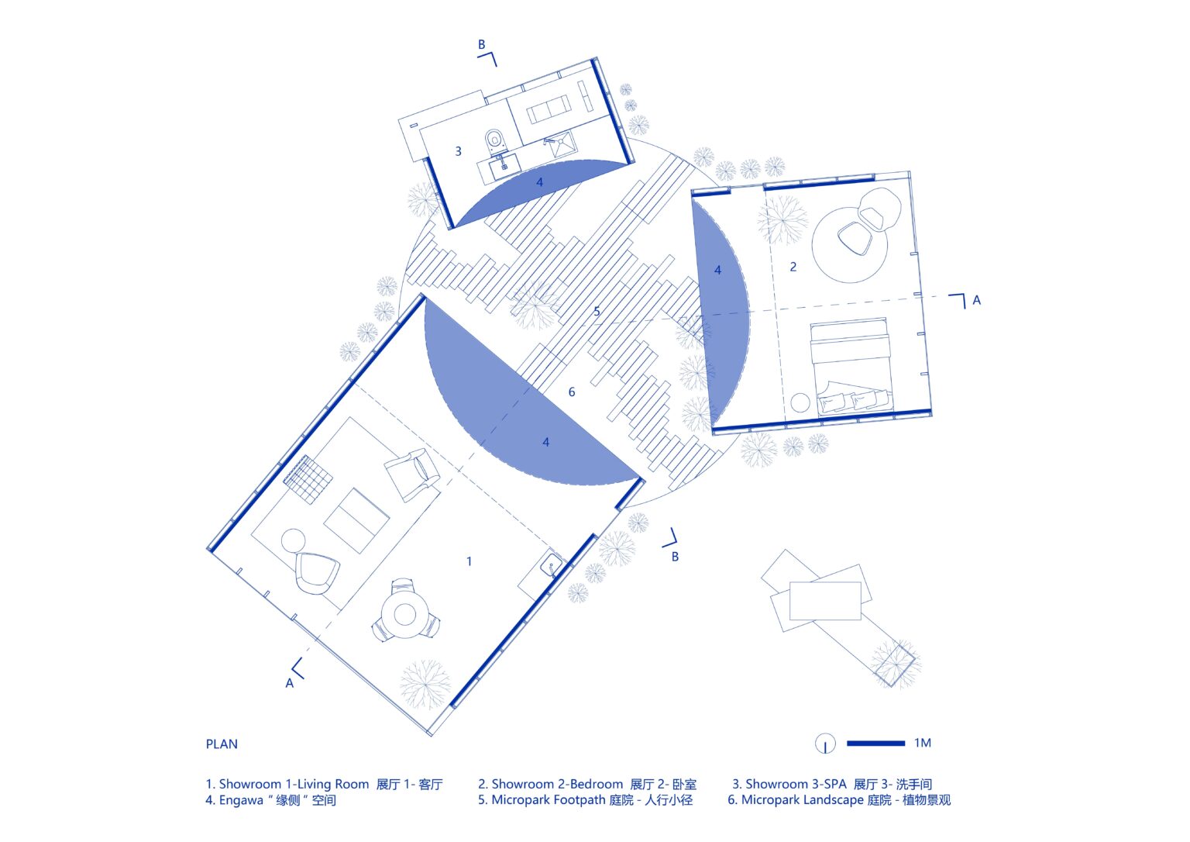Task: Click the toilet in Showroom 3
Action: tap(496, 140)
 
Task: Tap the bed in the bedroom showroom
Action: tap(849, 364)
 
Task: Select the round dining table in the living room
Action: tap(404, 614)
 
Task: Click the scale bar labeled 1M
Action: tap(875, 744)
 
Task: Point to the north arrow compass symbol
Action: tap(825, 744)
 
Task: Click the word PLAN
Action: tap(222, 744)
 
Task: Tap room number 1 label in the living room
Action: tap(469, 561)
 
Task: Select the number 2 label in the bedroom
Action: tap(793, 267)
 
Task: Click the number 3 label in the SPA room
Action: tap(458, 151)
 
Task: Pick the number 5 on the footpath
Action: tap(597, 312)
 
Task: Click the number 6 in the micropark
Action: tap(572, 392)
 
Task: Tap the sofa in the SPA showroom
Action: tap(549, 109)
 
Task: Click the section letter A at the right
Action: tap(976, 300)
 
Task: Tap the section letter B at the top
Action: tap(481, 45)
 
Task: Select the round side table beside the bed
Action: tap(800, 402)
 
